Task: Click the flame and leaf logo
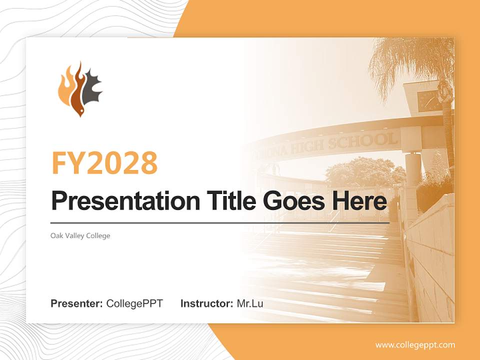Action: click(80, 89)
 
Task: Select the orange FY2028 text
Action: click(104, 162)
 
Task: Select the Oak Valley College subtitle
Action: click(80, 235)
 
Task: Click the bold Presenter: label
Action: click(77, 303)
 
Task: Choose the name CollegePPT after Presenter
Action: click(134, 303)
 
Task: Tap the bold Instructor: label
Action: click(206, 303)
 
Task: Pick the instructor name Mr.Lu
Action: click(250, 303)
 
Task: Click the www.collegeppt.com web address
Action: click(415, 344)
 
